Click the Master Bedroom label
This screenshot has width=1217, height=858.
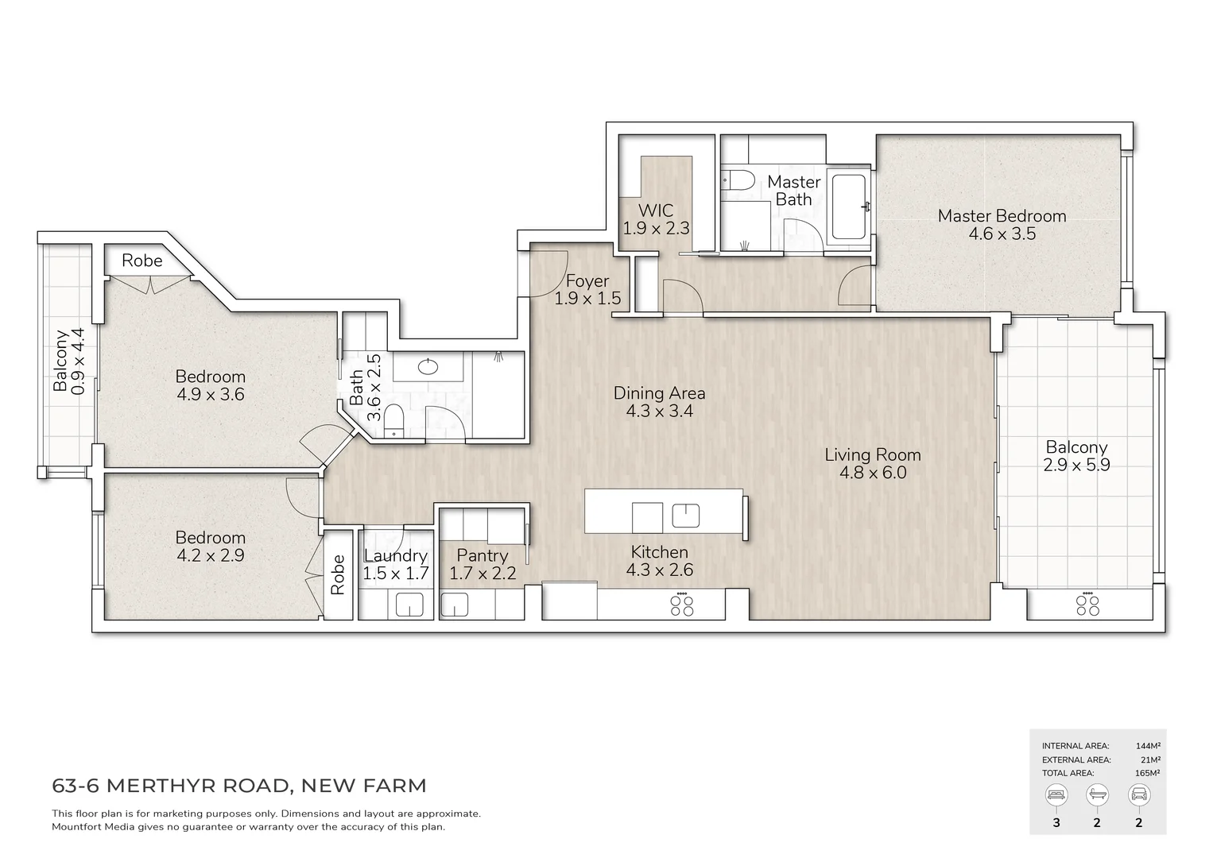(1002, 215)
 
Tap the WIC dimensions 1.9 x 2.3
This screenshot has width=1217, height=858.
(656, 229)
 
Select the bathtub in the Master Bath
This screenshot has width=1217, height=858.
(850, 207)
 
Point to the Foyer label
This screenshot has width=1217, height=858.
(587, 280)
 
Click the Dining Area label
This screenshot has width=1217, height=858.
(659, 392)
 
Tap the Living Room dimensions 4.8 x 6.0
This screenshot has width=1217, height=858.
(873, 473)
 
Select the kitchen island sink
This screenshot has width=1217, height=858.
(685, 516)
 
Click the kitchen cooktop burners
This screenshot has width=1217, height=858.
(681, 605)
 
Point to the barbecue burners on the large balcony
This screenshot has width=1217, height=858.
(1087, 605)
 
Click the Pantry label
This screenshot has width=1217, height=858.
(482, 555)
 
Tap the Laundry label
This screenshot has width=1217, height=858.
(395, 555)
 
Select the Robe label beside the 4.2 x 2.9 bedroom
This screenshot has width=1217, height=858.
(339, 574)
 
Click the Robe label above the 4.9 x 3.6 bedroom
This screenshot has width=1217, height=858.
(142, 261)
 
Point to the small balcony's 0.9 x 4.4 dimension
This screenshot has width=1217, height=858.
(78, 361)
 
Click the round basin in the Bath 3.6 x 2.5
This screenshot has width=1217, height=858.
(428, 366)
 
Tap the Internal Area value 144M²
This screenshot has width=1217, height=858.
(1147, 746)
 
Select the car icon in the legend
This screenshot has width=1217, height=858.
(1138, 794)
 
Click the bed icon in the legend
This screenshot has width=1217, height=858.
(1056, 794)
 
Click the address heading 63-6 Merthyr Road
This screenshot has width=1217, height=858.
(239, 786)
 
